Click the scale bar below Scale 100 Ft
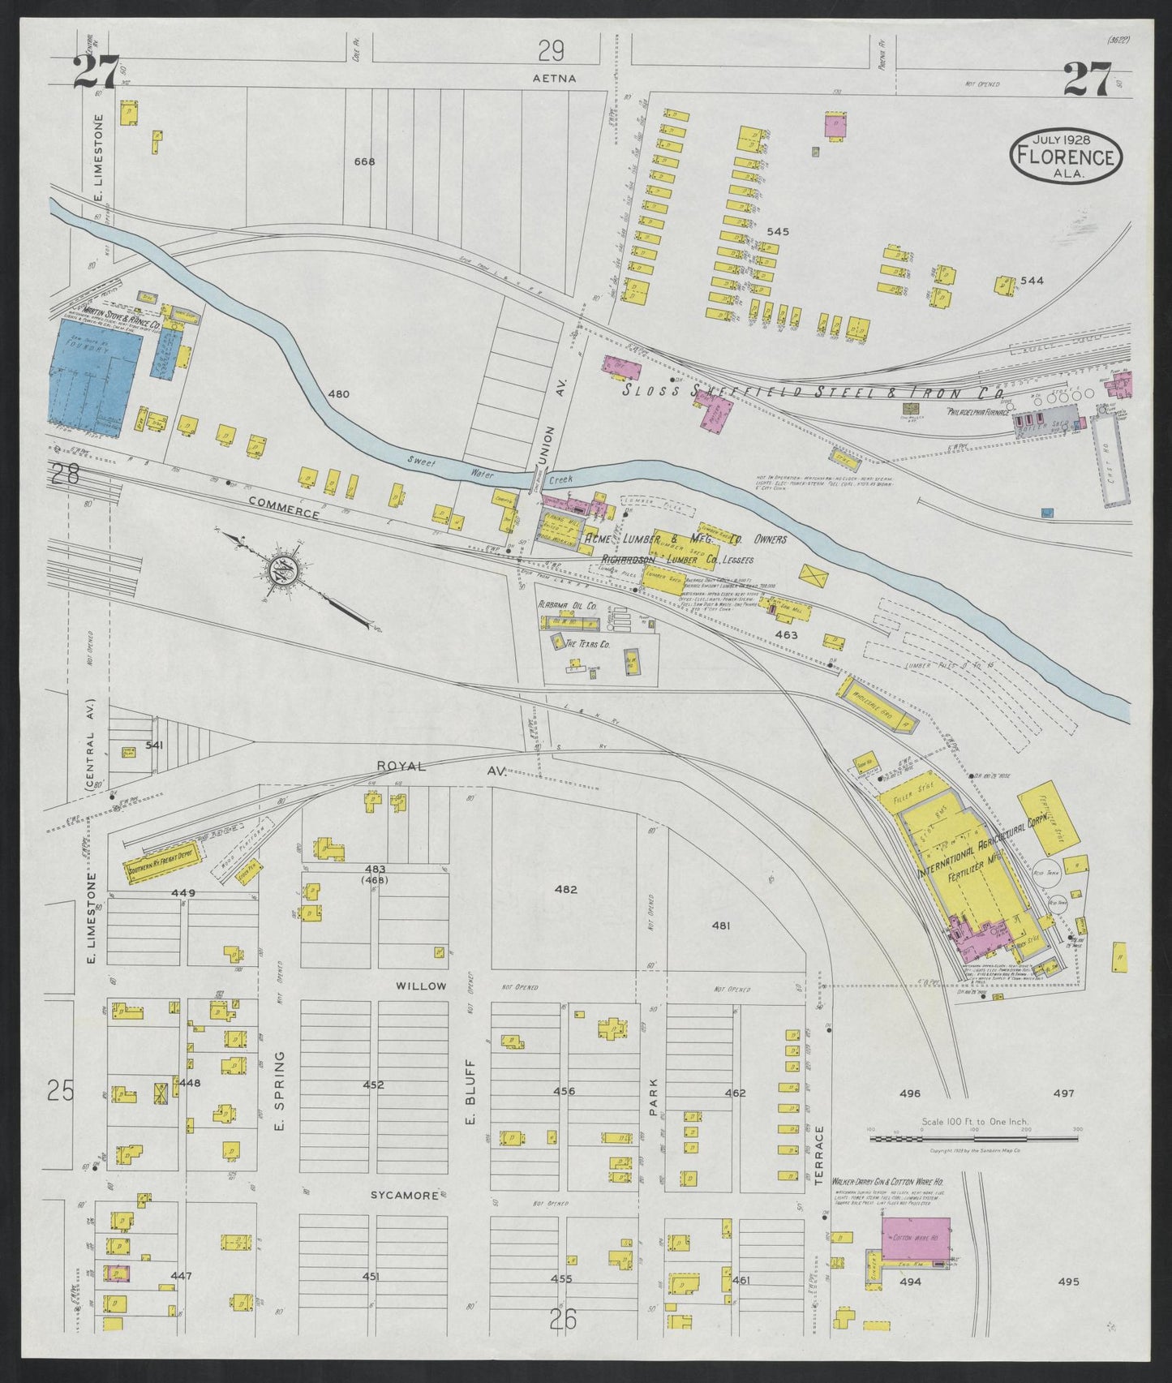coord(973,1138)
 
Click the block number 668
coord(364,161)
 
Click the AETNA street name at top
coord(554,79)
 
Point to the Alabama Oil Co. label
coord(567,605)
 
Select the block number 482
coord(565,889)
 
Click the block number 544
coord(1032,281)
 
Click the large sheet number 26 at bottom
coord(562,1321)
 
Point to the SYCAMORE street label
coord(405,1196)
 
